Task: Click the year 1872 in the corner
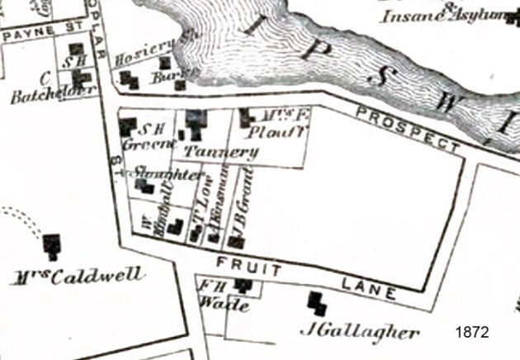point(472,332)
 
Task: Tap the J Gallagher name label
point(357,333)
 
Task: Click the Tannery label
point(221,151)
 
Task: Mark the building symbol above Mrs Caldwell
point(53,245)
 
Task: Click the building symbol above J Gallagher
point(316,304)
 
